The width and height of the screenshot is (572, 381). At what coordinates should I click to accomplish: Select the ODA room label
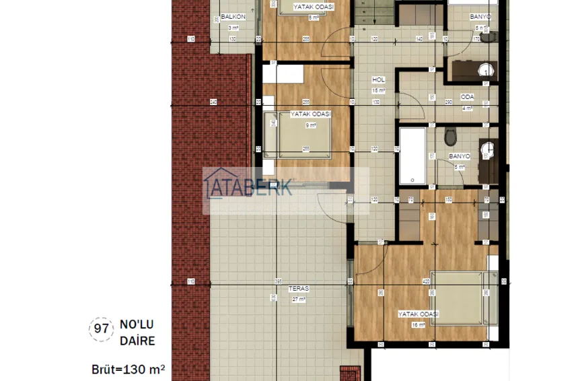point(467,97)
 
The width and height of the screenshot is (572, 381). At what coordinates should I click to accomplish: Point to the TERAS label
point(298,289)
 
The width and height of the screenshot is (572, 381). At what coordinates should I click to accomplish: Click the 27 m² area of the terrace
point(298,300)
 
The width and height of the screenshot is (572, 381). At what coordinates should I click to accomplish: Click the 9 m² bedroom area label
point(311,125)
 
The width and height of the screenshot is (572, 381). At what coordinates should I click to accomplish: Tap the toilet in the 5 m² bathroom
point(451,137)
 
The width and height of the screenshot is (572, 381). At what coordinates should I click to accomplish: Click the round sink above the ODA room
point(482,69)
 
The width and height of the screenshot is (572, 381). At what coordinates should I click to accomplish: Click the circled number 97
point(100,330)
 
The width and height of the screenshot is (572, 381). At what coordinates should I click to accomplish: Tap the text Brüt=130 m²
point(128,370)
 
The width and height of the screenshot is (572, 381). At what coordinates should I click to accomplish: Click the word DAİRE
point(138,341)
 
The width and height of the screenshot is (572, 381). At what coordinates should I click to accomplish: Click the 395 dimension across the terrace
point(277,281)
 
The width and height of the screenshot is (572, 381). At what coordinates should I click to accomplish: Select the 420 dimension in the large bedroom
point(426,281)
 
